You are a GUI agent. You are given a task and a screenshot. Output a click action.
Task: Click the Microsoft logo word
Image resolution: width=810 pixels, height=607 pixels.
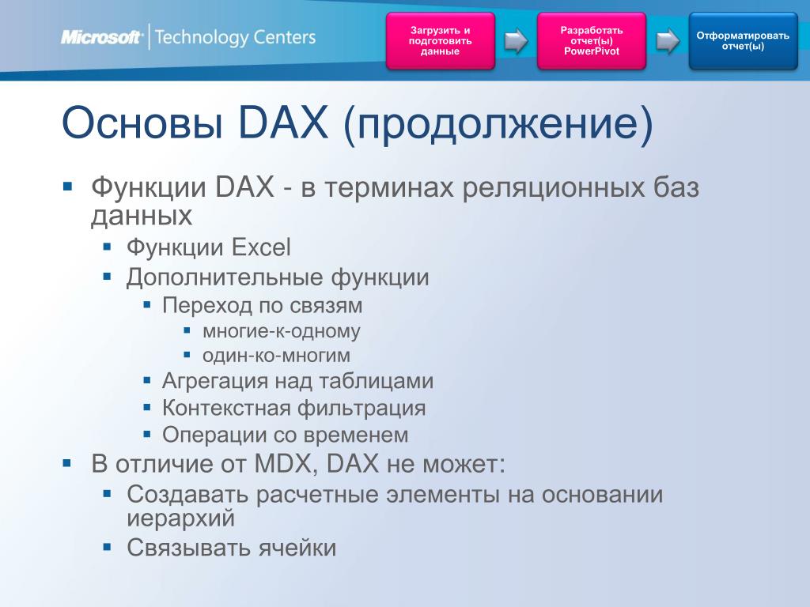tap(101, 37)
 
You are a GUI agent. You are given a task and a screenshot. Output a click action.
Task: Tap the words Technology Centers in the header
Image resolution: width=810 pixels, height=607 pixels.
tap(235, 38)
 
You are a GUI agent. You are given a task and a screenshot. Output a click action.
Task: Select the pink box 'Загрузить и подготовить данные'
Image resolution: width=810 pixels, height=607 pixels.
tap(440, 41)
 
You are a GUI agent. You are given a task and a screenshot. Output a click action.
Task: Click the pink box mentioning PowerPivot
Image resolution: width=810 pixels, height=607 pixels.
tap(592, 41)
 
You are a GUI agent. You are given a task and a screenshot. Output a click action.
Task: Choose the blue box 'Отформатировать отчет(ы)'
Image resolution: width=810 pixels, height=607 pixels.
tap(743, 41)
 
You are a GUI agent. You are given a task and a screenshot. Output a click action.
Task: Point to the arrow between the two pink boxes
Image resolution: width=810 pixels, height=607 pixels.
tap(516, 41)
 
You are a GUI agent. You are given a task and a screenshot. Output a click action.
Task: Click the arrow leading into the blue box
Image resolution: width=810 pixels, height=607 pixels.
tap(668, 41)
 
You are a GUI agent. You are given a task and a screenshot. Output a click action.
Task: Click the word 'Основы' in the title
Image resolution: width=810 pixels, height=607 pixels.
tap(142, 123)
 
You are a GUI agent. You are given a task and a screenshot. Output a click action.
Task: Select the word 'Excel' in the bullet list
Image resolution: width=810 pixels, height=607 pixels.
tap(261, 247)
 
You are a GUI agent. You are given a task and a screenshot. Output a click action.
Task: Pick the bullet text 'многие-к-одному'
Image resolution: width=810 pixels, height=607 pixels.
tap(281, 331)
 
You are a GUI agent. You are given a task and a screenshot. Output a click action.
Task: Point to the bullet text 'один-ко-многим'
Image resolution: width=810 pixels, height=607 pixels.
tap(276, 356)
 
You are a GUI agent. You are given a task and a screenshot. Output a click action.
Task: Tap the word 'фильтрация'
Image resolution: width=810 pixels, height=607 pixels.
tap(361, 409)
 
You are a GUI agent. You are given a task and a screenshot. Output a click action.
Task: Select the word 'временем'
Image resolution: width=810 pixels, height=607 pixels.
tap(356, 435)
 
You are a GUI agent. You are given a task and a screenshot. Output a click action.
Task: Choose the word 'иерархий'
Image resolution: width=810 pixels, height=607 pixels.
tap(181, 518)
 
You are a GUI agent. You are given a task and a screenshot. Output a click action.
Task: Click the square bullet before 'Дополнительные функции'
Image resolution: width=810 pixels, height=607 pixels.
tap(107, 277)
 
